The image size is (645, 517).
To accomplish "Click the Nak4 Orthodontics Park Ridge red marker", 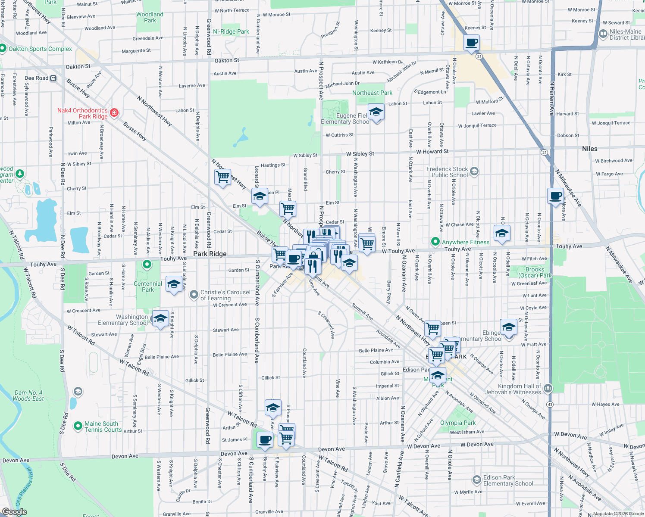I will pyautogui.click(x=114, y=113).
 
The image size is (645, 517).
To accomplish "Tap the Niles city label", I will pyautogui.click(x=589, y=149).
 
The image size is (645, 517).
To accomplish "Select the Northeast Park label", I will pyautogui.click(x=372, y=93).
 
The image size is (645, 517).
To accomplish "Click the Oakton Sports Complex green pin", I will pyautogui.click(x=3, y=49).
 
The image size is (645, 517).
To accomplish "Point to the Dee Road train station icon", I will pyautogui.click(x=53, y=78).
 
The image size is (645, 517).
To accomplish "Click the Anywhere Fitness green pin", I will pyautogui.click(x=435, y=242).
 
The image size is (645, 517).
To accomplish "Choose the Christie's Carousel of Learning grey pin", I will pyautogui.click(x=194, y=295).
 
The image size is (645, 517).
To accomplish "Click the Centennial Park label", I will pyautogui.click(x=148, y=287).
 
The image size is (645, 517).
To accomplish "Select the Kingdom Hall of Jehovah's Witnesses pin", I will pyautogui.click(x=548, y=388).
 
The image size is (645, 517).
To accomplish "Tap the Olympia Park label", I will pyautogui.click(x=458, y=423).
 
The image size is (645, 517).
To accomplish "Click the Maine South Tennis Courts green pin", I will pyautogui.click(x=78, y=426).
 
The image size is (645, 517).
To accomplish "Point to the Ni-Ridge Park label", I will pyautogui.click(x=231, y=31).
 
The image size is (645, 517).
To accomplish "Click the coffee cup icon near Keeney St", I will pyautogui.click(x=472, y=43).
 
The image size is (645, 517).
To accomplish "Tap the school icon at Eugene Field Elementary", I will pyautogui.click(x=376, y=112).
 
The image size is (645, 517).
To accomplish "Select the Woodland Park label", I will pyautogui.click(x=150, y=17).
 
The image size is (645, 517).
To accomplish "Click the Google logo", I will pyautogui.click(x=14, y=512).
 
